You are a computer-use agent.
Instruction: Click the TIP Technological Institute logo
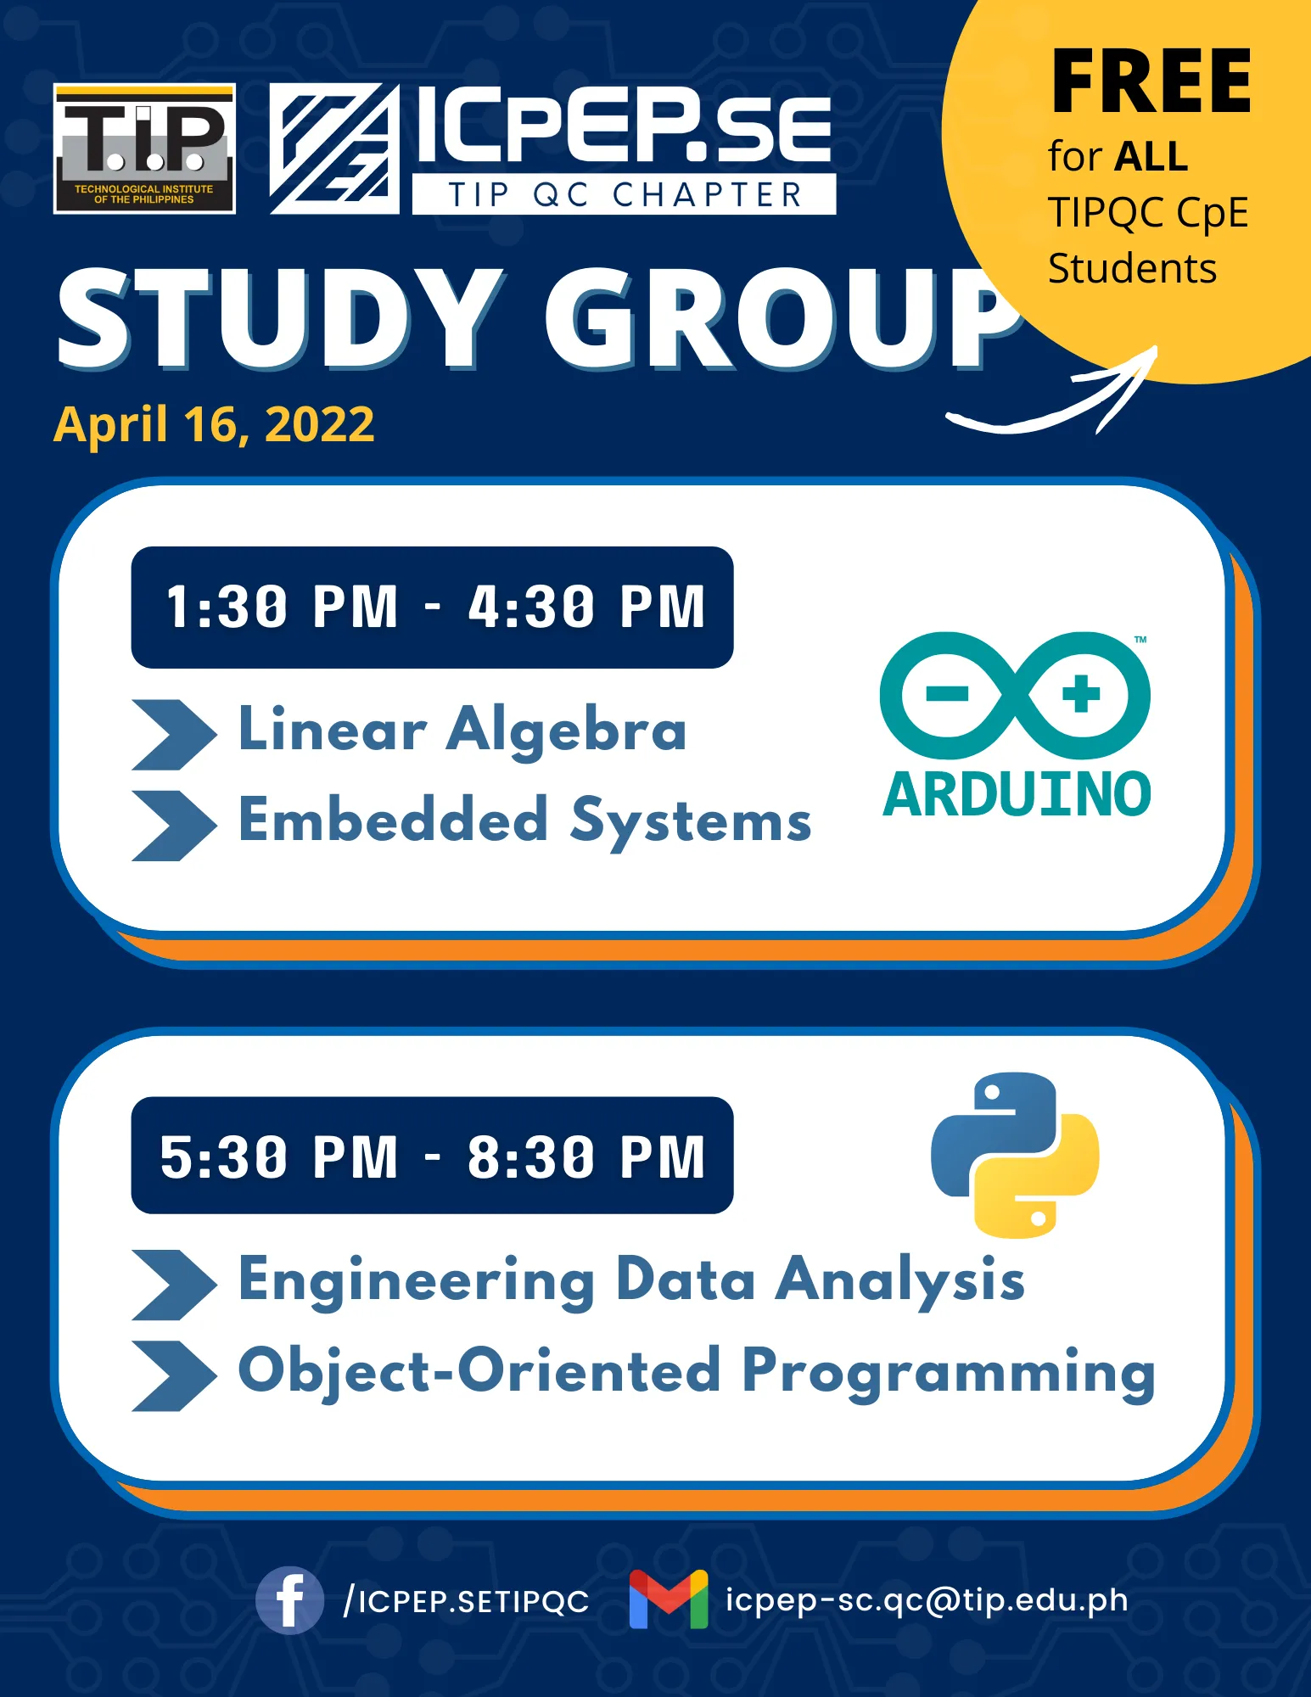[x=144, y=148]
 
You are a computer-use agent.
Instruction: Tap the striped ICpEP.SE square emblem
[x=334, y=148]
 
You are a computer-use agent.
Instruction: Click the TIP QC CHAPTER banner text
[x=625, y=195]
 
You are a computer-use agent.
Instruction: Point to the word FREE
[x=1151, y=81]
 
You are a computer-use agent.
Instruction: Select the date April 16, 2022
[x=214, y=425]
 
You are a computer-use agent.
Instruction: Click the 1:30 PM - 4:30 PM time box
[x=432, y=608]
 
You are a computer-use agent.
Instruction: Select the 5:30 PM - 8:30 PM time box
[x=432, y=1156]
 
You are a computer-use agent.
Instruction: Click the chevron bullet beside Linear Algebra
[x=174, y=735]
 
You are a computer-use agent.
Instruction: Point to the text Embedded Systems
[x=524, y=822]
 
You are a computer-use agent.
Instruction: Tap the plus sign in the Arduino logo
[x=1081, y=693]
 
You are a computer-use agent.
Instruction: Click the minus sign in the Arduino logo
[x=947, y=694]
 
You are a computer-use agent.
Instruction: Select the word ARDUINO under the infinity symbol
[x=1017, y=795]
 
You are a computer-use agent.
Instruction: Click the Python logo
[x=1015, y=1155]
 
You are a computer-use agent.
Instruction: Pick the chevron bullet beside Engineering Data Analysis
[x=174, y=1285]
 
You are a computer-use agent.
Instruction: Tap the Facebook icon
[x=289, y=1600]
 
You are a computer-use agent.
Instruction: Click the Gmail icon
[x=669, y=1599]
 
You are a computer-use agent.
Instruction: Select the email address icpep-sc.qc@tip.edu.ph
[x=927, y=1600]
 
